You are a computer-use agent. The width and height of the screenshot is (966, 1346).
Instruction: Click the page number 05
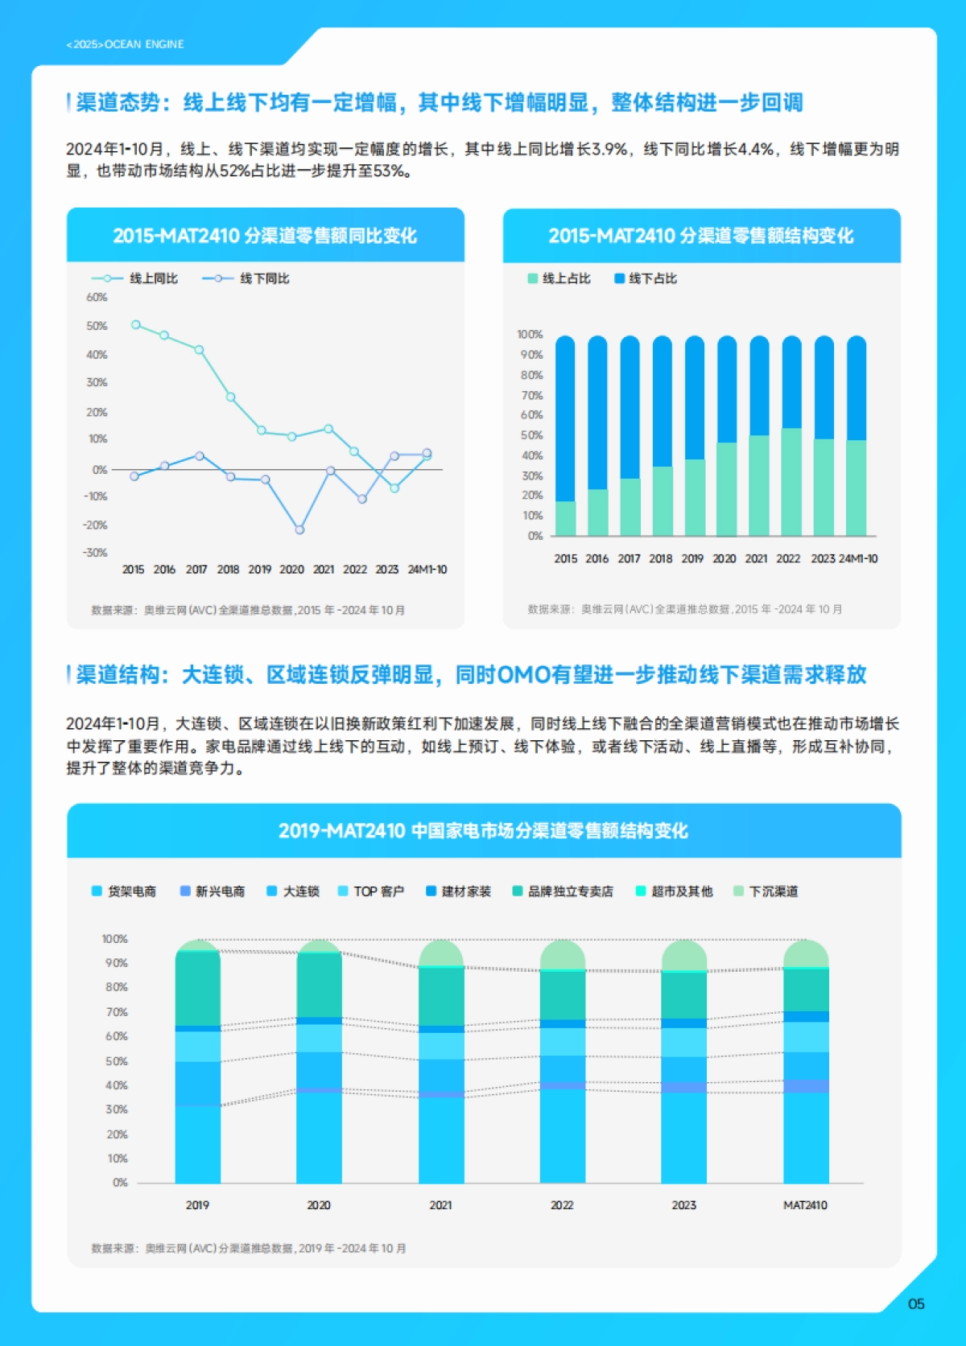click(916, 1303)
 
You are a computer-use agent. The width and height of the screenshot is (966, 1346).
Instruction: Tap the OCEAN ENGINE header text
click(126, 44)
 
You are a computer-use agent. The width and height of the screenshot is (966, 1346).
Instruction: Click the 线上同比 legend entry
click(153, 278)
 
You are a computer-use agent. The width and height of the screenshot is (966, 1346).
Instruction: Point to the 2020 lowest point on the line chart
click(299, 530)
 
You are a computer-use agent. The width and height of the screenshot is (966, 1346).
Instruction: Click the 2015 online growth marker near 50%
click(135, 324)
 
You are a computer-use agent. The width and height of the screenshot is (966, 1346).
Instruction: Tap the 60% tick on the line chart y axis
click(97, 297)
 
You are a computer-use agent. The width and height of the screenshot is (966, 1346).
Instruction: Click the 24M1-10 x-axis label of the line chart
click(427, 570)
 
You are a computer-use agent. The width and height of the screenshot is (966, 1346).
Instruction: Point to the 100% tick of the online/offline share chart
click(530, 334)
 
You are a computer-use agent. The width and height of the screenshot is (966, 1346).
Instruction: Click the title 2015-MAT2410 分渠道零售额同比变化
click(265, 236)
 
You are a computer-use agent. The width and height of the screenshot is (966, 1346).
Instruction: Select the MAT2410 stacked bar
click(806, 1062)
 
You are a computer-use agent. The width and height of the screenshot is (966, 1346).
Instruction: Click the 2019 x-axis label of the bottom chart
click(197, 1205)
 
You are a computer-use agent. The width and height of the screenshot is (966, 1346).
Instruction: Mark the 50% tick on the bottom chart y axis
click(116, 1061)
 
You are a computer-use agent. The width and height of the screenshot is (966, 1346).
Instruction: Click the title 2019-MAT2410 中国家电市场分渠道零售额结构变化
click(483, 831)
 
